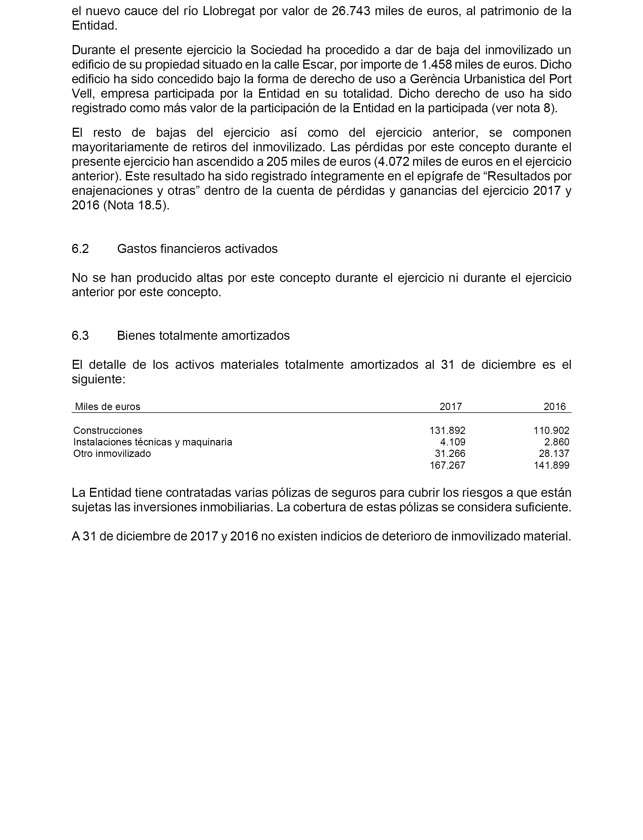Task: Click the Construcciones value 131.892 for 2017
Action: (447, 430)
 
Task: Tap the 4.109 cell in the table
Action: (452, 442)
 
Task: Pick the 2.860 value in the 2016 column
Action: (557, 442)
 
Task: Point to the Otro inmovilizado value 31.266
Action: (450, 453)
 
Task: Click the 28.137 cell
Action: (554, 453)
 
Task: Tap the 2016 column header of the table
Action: (555, 407)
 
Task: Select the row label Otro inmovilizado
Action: (112, 453)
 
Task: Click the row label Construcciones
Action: (108, 430)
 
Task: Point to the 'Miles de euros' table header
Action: (108, 407)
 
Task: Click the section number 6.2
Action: (80, 249)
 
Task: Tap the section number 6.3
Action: (80, 335)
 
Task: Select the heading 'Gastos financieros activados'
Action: (197, 249)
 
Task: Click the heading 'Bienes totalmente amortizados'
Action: (203, 335)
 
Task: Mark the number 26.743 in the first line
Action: (351, 11)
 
